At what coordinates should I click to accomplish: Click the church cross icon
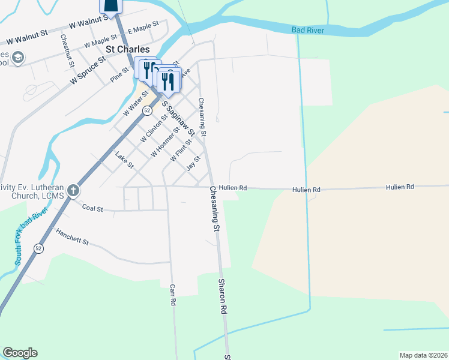pos(73,191)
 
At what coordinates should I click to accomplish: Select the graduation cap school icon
pos(17,58)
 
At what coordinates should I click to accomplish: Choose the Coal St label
pos(92,209)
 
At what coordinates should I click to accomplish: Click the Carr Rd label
pos(172,295)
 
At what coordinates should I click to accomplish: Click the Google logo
pos(20,353)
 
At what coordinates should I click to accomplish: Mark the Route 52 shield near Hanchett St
pos(39,248)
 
